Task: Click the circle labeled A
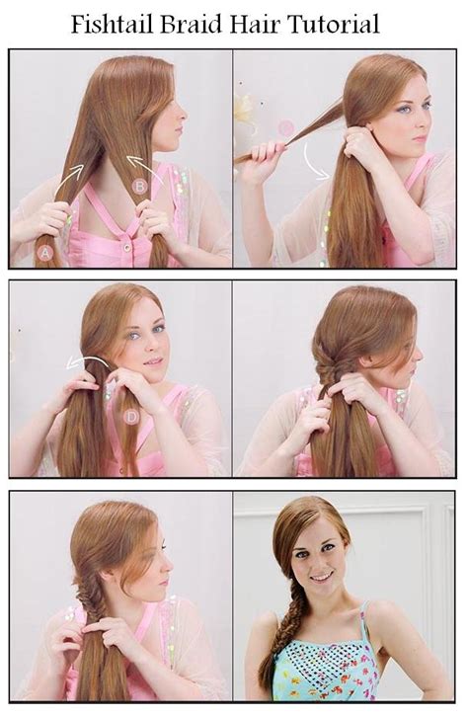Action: click(x=43, y=253)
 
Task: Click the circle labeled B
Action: click(x=139, y=185)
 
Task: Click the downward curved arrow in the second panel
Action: click(x=315, y=162)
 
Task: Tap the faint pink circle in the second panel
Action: click(x=285, y=127)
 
